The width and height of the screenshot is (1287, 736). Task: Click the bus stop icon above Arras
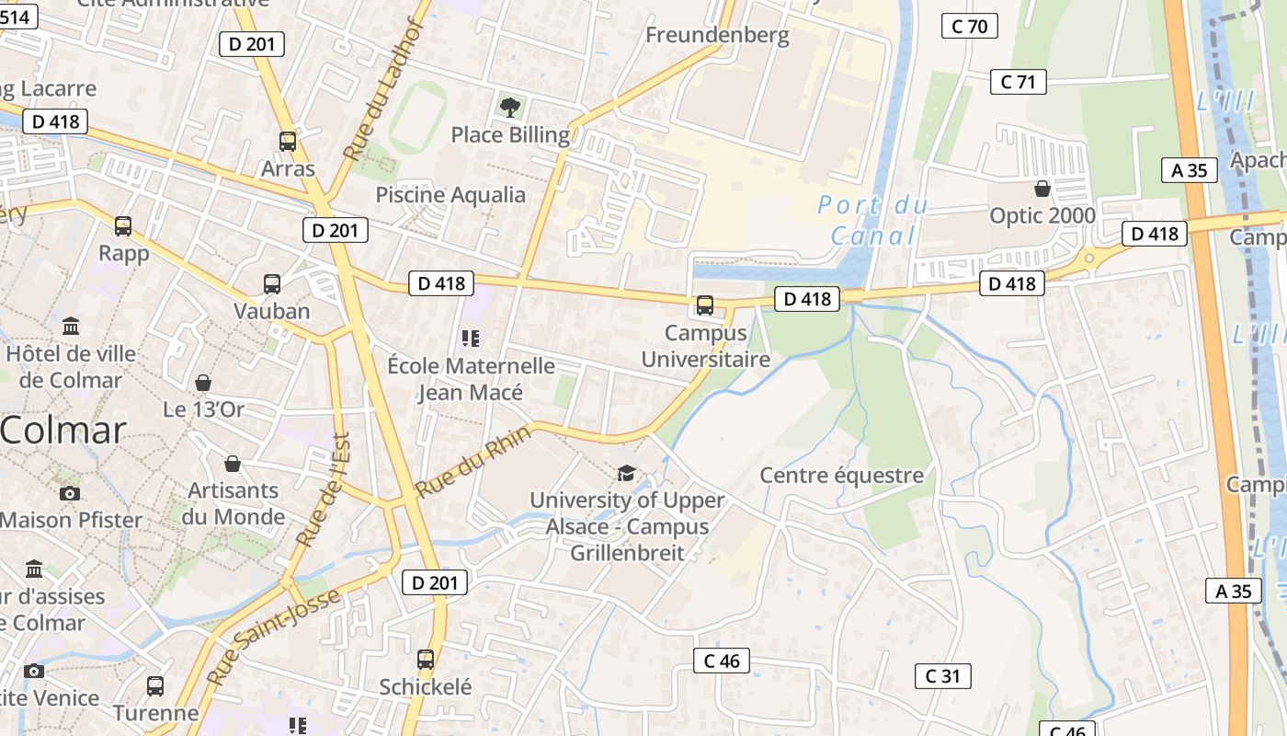(x=288, y=142)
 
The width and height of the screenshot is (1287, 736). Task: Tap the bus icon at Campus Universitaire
(x=705, y=305)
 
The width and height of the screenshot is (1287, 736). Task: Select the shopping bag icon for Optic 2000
(x=1042, y=189)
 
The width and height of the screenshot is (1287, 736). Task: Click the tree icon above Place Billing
(x=510, y=108)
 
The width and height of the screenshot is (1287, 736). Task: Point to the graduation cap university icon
(x=626, y=473)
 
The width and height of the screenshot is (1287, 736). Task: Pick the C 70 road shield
(x=970, y=26)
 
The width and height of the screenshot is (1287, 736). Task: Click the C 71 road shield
(x=1019, y=82)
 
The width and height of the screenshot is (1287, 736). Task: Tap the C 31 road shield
(x=943, y=676)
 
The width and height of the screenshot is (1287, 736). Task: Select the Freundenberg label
(x=717, y=36)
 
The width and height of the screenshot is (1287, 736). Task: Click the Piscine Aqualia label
(x=450, y=195)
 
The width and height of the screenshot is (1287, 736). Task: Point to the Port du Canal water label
(x=872, y=220)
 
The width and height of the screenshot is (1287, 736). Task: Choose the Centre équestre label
(x=841, y=476)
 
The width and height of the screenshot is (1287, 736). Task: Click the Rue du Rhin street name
(x=473, y=460)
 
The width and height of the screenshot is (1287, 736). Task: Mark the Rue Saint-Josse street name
(x=274, y=637)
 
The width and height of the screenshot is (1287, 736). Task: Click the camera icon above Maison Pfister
(x=70, y=494)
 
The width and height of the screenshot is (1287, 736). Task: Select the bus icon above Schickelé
(x=426, y=660)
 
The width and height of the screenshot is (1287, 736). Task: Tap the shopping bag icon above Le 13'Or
(x=203, y=383)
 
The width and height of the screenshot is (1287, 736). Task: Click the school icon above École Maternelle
(x=471, y=339)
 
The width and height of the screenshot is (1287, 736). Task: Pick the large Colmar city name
(x=63, y=431)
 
